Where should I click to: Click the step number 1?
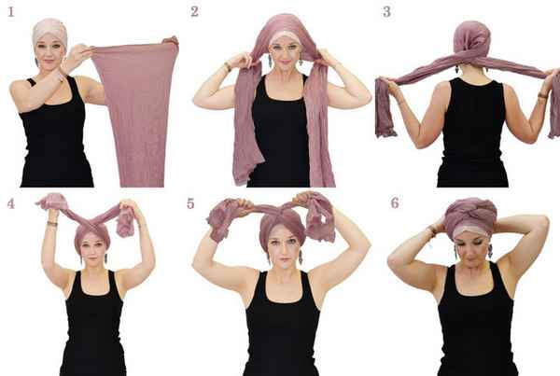[x=11, y=12]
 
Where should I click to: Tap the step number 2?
[x=194, y=12]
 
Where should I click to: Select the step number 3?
[x=386, y=12]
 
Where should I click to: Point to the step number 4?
[x=11, y=203]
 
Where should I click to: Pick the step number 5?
[x=190, y=203]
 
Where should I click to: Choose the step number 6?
[x=395, y=202]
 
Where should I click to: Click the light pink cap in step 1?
[x=49, y=32]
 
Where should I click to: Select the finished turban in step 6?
[x=469, y=216]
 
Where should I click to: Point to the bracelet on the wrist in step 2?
[x=227, y=67]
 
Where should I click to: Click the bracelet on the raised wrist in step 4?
[x=52, y=224]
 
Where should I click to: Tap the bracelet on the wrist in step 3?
[x=543, y=95]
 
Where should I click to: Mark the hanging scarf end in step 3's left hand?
[x=384, y=108]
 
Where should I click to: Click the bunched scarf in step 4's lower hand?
[x=125, y=223]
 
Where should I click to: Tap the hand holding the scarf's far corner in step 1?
[x=170, y=41]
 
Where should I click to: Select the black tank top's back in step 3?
[x=472, y=134]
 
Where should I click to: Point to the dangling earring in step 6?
[x=490, y=251]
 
